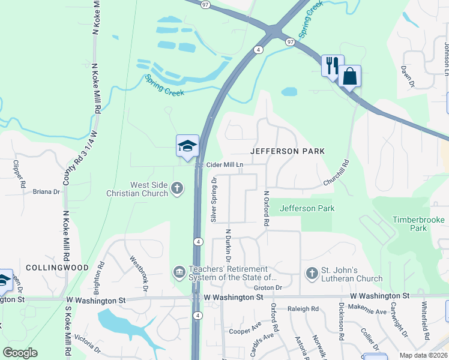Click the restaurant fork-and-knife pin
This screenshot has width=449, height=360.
point(333,65)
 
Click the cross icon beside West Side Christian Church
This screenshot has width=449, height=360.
point(176,189)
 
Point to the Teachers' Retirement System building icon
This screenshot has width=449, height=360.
point(179,273)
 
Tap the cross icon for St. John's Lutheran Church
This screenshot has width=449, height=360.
point(311,273)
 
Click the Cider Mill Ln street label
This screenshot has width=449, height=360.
point(225,164)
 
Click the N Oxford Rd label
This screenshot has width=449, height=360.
point(266,209)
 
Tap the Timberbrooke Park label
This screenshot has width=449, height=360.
point(418,224)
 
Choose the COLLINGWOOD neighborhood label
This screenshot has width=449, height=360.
point(53,267)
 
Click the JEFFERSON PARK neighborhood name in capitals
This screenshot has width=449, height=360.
point(288,151)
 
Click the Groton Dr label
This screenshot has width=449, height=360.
point(271,287)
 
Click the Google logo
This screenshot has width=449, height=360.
point(20,353)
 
